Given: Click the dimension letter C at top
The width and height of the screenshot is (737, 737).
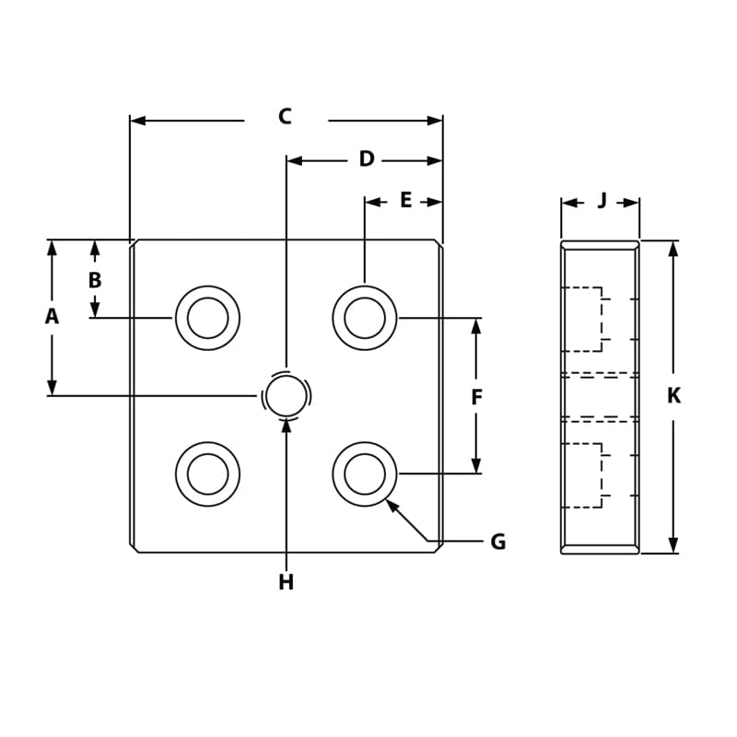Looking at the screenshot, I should pyautogui.click(x=285, y=117).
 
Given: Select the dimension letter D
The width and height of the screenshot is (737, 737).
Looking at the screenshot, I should pyautogui.click(x=367, y=159).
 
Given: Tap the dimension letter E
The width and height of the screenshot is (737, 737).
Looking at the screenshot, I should pyautogui.click(x=405, y=201).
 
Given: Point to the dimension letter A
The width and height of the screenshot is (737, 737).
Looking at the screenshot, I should pyautogui.click(x=52, y=317).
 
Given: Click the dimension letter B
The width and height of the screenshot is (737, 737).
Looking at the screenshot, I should pyautogui.click(x=95, y=281).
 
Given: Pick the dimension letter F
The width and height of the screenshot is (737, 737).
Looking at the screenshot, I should pyautogui.click(x=476, y=398).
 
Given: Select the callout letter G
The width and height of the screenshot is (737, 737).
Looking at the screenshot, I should pyautogui.click(x=497, y=543).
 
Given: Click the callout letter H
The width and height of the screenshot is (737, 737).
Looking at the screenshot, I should pyautogui.click(x=286, y=583).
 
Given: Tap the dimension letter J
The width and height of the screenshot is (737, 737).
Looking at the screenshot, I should pyautogui.click(x=602, y=201).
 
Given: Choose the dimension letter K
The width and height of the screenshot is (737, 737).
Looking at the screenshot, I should pyautogui.click(x=673, y=396).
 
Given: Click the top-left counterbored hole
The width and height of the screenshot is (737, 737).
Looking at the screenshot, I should pyautogui.click(x=207, y=318).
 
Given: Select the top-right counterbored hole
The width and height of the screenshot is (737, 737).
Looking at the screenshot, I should pyautogui.click(x=365, y=318).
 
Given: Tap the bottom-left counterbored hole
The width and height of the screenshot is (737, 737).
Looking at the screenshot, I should pyautogui.click(x=207, y=474).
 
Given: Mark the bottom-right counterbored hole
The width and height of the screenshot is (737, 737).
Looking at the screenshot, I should pyautogui.click(x=365, y=474).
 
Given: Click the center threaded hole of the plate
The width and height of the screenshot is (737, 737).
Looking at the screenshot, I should pyautogui.click(x=287, y=396).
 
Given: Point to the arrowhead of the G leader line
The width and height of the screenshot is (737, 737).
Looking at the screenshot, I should pyautogui.click(x=392, y=505).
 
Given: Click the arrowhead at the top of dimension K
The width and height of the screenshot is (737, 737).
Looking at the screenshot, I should pyautogui.click(x=673, y=248).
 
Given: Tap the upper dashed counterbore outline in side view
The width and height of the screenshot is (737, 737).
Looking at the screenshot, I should pyautogui.click(x=582, y=319).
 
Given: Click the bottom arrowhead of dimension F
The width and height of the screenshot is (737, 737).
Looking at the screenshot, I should pyautogui.click(x=476, y=465).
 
